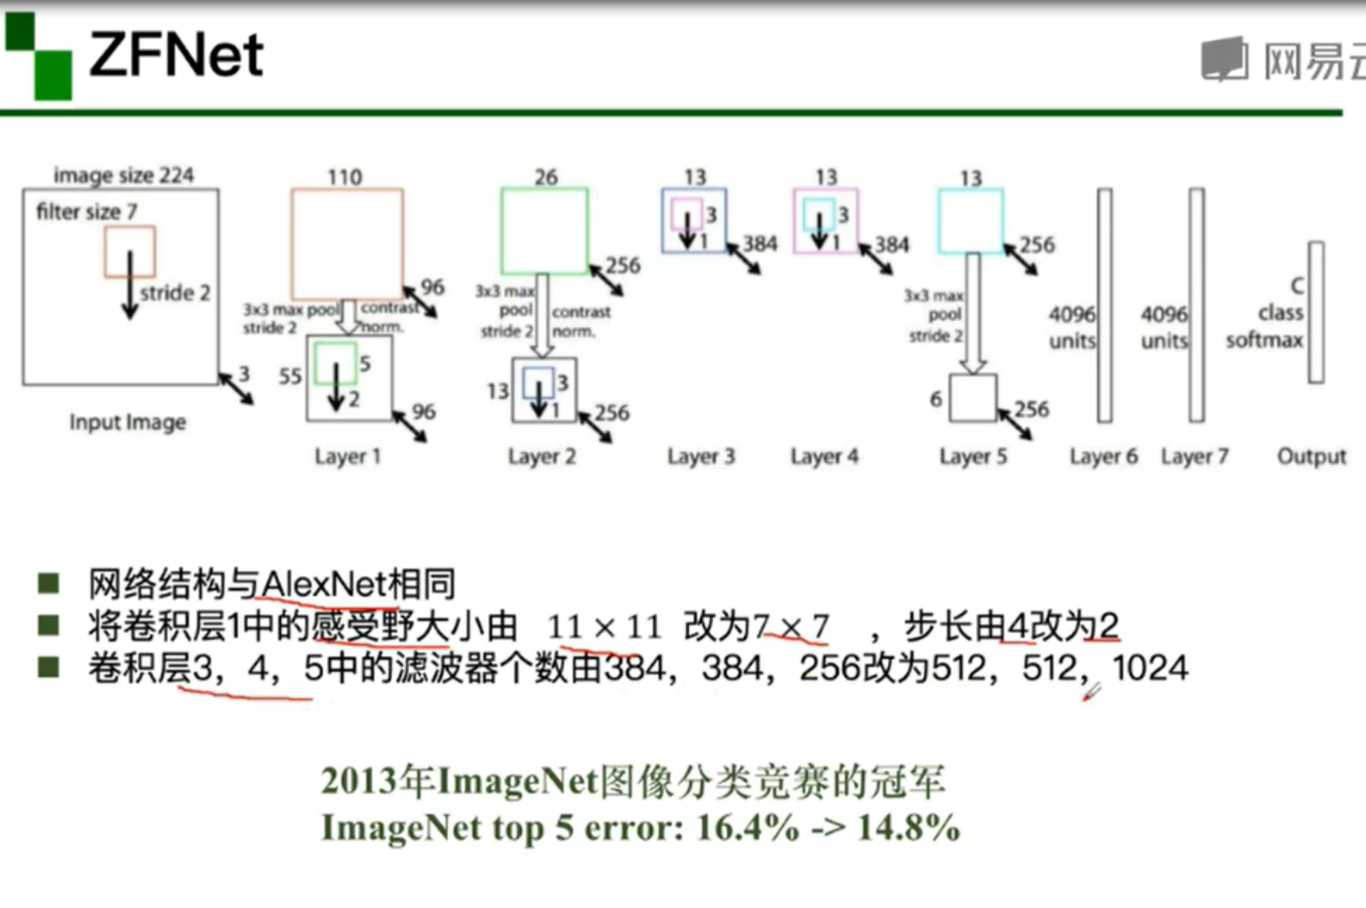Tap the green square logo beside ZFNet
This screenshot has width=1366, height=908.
click(39, 55)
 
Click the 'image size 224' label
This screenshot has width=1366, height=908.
click(123, 175)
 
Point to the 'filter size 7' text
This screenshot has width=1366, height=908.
click(86, 212)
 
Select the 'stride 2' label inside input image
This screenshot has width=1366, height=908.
click(175, 293)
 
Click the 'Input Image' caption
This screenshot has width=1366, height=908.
click(127, 422)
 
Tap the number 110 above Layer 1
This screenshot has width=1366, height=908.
click(345, 177)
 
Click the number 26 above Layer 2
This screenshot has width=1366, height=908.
click(546, 177)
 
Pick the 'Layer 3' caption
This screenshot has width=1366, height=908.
click(701, 457)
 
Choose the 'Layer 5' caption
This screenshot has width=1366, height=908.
click(973, 457)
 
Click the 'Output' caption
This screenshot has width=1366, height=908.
click(1311, 457)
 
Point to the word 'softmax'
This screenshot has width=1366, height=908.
click(1264, 340)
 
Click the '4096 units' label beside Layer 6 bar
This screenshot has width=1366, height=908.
click(1072, 327)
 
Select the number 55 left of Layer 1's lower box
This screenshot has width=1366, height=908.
click(290, 377)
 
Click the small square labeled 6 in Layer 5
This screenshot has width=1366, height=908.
click(973, 398)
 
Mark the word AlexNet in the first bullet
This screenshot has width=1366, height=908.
click(325, 584)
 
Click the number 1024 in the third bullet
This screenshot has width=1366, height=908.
click(1150, 668)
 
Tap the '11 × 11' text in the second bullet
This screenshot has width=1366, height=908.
click(604, 626)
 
